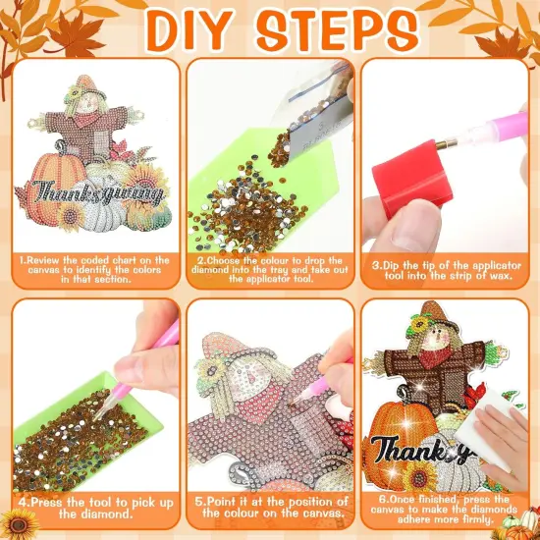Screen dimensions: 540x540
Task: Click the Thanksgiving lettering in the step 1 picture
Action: coord(95,192)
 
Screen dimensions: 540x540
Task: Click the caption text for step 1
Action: coord(93,269)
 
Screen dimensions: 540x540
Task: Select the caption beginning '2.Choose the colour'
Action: coord(269,269)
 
